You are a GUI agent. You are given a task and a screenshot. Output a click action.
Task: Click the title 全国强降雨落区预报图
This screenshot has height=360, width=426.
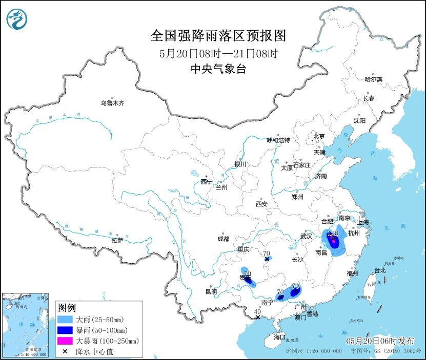click(x=218, y=36)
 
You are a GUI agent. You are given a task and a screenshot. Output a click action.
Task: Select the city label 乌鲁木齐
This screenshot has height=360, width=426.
click(x=112, y=103)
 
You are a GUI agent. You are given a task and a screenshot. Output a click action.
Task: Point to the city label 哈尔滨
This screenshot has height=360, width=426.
click(x=373, y=79)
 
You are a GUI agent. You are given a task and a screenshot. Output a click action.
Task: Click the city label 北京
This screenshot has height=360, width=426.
click(x=319, y=136)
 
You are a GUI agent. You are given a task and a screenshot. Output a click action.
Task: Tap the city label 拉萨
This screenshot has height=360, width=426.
click(x=117, y=240)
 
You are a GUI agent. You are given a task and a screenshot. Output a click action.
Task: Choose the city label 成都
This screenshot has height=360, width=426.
click(x=224, y=239)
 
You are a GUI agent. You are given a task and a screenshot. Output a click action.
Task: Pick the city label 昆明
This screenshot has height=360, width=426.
click(x=211, y=291)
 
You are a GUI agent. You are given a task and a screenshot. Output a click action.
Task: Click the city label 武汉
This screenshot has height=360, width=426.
click(x=307, y=236)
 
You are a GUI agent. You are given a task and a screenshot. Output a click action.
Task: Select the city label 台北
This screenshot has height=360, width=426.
click(x=379, y=270)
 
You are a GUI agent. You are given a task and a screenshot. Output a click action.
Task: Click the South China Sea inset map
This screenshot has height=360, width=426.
click(x=26, y=325)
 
